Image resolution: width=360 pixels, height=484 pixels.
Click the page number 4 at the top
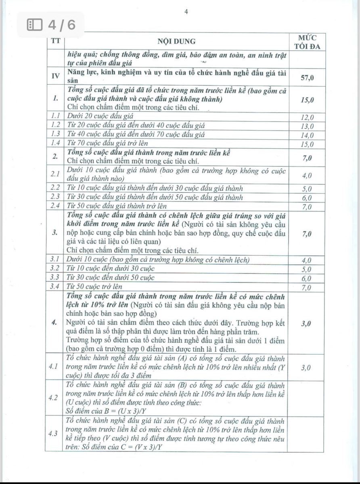[186, 12]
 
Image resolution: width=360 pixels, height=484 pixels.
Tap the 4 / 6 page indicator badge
[51, 25]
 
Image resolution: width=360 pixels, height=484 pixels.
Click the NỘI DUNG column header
[176, 41]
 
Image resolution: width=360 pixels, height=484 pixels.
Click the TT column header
[55, 41]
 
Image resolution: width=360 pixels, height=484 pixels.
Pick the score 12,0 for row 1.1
[308, 118]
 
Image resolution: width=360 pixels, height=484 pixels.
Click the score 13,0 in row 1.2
[308, 126]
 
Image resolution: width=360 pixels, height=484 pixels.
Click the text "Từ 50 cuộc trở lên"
[95, 287]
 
